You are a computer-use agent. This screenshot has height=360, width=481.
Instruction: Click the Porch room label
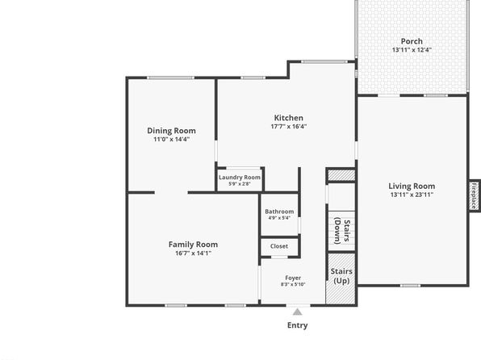point(412,41)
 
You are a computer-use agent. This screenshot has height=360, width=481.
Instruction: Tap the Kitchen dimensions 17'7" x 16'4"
point(289,127)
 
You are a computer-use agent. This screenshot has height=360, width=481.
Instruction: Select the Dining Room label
point(171,131)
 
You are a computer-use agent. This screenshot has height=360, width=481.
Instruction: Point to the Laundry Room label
point(240,178)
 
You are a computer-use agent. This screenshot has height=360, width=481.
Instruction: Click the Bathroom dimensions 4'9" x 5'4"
point(279,218)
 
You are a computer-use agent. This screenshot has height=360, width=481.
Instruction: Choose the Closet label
point(279,246)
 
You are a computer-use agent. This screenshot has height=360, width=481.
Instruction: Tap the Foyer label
point(293,278)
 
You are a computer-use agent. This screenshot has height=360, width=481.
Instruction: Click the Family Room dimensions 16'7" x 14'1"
point(193,253)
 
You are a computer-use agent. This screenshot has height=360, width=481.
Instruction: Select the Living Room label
point(412,186)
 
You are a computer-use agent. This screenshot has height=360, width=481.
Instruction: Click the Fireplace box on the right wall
point(475,195)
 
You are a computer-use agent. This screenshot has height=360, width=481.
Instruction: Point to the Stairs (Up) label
point(341,276)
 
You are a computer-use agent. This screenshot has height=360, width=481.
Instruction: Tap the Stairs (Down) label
point(342,231)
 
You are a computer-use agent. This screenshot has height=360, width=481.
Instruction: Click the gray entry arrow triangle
point(297,312)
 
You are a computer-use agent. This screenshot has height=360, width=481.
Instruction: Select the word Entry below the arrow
point(298,325)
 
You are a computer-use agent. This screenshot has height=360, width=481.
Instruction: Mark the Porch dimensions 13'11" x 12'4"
point(412,50)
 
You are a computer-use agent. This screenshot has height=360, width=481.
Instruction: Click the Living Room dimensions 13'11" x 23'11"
point(412,195)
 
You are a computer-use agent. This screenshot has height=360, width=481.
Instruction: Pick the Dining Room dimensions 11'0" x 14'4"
point(171,140)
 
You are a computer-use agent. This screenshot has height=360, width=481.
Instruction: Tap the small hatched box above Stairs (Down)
point(341,175)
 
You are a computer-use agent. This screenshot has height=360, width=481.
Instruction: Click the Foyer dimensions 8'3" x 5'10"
point(293,284)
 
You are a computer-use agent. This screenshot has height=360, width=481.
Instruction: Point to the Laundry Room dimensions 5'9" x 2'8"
point(240,184)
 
